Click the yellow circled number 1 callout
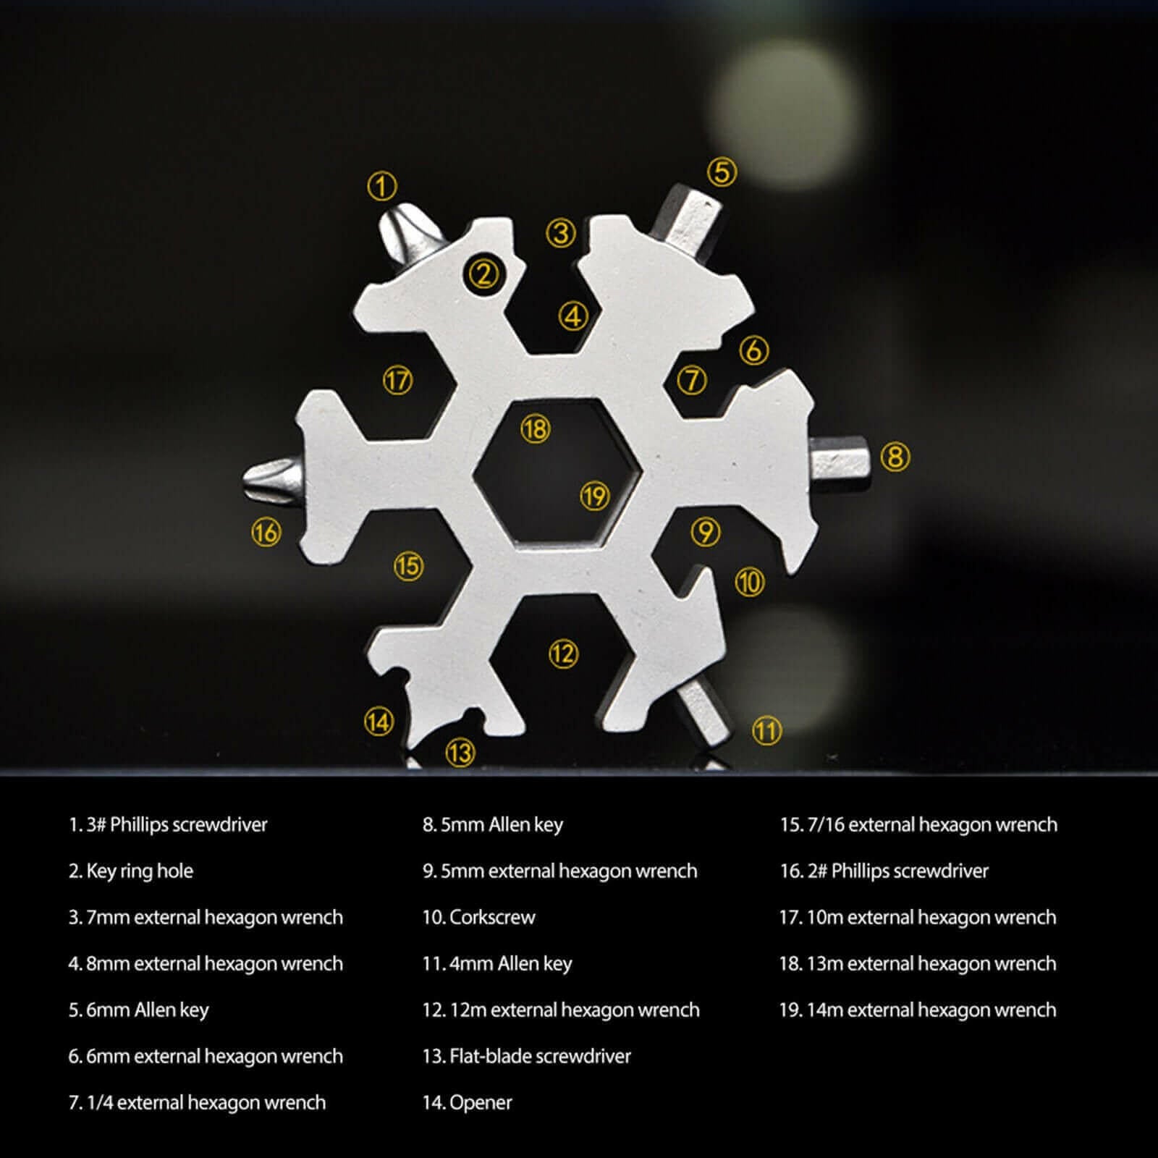pos(381,186)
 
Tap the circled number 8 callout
pos(895,457)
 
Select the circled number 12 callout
pos(562,654)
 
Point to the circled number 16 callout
pos(266,533)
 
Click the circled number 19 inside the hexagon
pos(595,496)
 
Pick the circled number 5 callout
pos(722,172)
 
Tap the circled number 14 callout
pos(379,721)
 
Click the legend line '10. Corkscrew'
pos(478,917)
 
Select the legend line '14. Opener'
pos(467,1102)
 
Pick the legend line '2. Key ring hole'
pos(131,871)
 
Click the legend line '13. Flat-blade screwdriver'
pos(526,1056)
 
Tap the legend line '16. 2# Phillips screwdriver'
pos(884,871)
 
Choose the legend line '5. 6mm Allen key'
pos(139,1010)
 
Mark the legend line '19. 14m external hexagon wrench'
pos(917,1010)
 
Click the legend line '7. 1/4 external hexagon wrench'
pos(197,1102)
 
